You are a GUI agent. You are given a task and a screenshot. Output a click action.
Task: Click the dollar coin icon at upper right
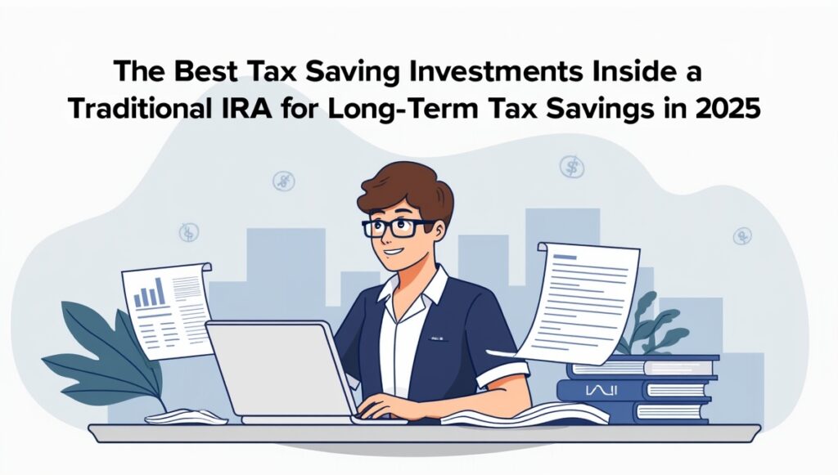(x=572, y=167)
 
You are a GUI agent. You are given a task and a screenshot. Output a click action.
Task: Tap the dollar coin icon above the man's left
(x=283, y=181)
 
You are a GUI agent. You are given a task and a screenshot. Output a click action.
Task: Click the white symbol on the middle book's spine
(x=601, y=391)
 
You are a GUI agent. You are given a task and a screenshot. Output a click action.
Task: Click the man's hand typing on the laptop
(x=385, y=406)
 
